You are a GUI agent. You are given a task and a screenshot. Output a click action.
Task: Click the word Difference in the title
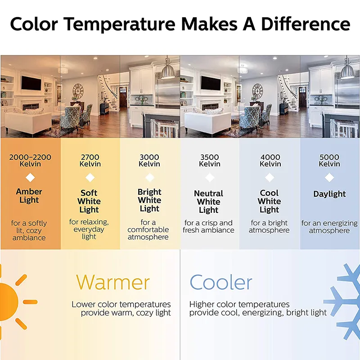(306, 24)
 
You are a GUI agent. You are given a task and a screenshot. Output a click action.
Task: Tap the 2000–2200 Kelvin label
(30, 161)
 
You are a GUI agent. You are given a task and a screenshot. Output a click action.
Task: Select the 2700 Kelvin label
(90, 161)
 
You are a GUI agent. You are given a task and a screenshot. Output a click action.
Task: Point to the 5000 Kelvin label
(329, 161)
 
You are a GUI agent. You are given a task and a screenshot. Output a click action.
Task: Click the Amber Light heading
(29, 196)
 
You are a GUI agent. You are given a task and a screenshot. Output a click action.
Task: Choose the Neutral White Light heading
(208, 202)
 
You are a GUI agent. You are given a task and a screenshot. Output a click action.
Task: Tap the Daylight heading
(329, 194)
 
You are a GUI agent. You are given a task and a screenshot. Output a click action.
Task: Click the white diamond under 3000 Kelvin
(150, 177)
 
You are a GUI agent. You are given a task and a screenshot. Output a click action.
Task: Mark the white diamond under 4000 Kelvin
(270, 177)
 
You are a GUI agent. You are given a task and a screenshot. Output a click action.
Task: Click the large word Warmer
(113, 282)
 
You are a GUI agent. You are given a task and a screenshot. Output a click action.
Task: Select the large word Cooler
(221, 282)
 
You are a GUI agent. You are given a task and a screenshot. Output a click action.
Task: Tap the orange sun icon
(14, 302)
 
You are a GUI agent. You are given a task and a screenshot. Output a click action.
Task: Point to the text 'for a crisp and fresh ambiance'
(208, 226)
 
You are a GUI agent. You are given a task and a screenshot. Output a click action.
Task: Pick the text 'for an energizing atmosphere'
(329, 227)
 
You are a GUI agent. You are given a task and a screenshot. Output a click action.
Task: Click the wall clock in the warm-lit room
(78, 91)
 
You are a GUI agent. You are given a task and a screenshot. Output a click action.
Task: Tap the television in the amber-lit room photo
(31, 83)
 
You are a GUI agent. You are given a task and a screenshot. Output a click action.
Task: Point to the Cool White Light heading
(269, 201)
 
